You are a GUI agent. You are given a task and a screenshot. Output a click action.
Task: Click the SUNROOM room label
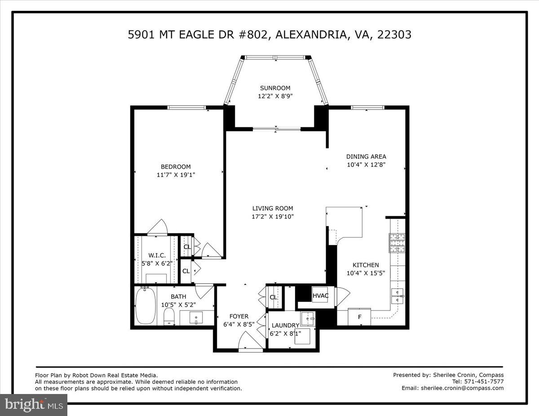tap(275, 88)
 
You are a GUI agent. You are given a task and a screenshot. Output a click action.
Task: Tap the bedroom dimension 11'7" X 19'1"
tap(176, 175)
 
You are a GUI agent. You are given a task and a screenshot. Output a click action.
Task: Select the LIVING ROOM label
tap(272, 208)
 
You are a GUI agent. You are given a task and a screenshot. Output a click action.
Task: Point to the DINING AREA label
tap(366, 157)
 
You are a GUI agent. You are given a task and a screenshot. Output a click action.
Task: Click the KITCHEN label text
tap(365, 265)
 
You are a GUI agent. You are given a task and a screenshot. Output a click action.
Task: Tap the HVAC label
tap(321, 296)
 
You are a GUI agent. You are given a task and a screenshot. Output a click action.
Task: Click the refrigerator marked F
tap(360, 317)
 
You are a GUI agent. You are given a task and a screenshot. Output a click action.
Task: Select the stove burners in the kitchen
tap(397, 243)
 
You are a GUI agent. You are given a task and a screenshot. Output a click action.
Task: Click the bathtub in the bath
tap(145, 306)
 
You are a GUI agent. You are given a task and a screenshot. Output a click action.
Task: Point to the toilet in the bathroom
tap(169, 315)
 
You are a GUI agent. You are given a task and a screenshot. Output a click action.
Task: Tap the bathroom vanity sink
tap(196, 318)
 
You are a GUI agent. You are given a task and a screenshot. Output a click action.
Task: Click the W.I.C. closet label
tap(154, 255)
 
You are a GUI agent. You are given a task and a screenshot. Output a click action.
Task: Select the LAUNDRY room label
tap(285, 325)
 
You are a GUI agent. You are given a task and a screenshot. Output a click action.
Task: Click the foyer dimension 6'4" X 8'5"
tap(239, 324)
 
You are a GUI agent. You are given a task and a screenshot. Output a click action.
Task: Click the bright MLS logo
tap(34, 404)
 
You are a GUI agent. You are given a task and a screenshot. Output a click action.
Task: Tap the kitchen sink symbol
tap(397, 293)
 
